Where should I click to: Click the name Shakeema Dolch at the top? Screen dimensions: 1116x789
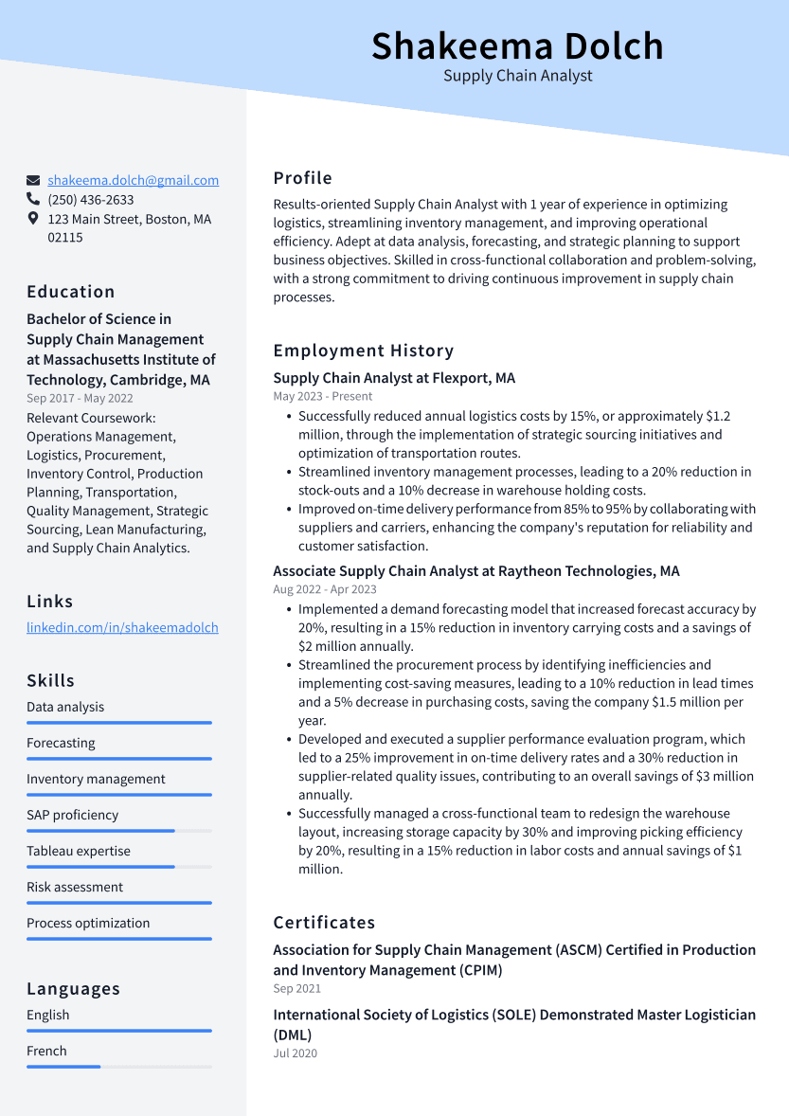click(x=517, y=45)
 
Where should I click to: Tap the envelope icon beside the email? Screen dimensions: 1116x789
click(x=33, y=180)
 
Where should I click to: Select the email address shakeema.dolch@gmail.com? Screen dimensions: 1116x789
click(x=133, y=180)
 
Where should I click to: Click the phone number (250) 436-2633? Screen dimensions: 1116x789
click(x=91, y=200)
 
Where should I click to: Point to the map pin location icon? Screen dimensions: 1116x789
click(x=33, y=219)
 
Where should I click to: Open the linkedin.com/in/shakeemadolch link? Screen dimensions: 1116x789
click(x=122, y=627)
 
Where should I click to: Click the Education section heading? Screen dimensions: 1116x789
click(x=71, y=292)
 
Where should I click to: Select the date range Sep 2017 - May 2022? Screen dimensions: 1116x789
click(x=80, y=399)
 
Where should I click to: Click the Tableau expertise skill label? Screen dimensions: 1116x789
click(x=79, y=851)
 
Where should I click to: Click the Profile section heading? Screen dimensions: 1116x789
click(x=302, y=178)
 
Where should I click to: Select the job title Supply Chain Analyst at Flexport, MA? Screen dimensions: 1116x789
click(x=394, y=378)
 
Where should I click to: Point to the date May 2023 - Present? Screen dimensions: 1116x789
click(x=323, y=396)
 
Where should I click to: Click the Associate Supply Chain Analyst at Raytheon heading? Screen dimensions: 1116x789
click(x=475, y=571)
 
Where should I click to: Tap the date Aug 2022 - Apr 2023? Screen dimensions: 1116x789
click(x=325, y=589)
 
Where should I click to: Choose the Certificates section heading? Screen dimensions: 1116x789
click(x=324, y=923)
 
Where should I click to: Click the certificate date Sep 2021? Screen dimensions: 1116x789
click(x=296, y=988)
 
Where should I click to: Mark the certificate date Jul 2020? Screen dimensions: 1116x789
click(x=295, y=1053)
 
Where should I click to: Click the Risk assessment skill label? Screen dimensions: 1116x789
click(x=75, y=887)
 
